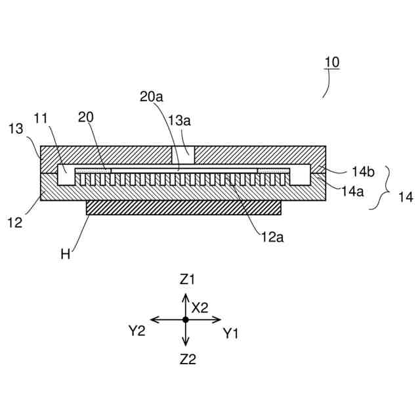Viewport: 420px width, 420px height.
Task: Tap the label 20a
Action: coord(151,96)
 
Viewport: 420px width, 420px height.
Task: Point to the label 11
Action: coord(59,118)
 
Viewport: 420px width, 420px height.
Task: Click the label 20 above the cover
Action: coord(86,117)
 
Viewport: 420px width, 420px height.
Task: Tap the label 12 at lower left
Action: coord(14,222)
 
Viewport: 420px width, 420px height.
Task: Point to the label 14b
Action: coord(363,172)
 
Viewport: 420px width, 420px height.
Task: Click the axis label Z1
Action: coord(188,280)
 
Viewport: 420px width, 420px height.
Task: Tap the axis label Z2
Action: coord(188,359)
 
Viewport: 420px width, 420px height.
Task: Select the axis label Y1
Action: coord(230,333)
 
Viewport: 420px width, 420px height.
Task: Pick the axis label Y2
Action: coord(136,331)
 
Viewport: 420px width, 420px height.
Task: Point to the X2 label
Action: coord(200,306)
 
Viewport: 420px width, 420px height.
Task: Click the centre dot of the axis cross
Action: coord(186,320)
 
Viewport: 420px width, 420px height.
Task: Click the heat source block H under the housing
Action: coord(184,207)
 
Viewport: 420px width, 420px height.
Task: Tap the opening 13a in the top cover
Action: coord(183,155)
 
